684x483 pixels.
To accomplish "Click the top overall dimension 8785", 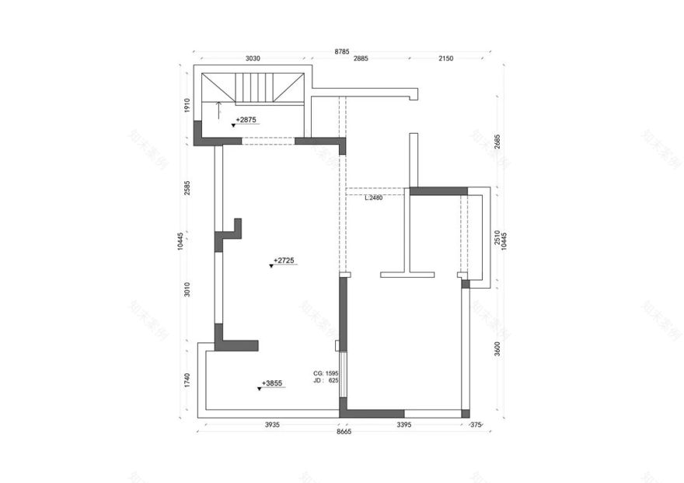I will (342, 51).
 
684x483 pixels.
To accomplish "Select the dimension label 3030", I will (253, 58).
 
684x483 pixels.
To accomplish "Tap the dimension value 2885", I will (361, 58).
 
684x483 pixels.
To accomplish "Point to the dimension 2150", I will (445, 58).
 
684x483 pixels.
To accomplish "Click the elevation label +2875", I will (246, 121).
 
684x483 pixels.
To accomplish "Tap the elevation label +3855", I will (272, 383).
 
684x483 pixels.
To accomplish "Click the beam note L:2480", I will (374, 198).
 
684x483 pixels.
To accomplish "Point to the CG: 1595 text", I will (326, 373).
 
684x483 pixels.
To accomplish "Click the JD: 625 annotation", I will (326, 381).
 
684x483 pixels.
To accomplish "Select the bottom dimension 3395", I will (404, 425).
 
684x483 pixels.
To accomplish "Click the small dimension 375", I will (476, 425).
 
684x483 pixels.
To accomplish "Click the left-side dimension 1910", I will (187, 106).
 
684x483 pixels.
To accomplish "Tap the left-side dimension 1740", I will (187, 380).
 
